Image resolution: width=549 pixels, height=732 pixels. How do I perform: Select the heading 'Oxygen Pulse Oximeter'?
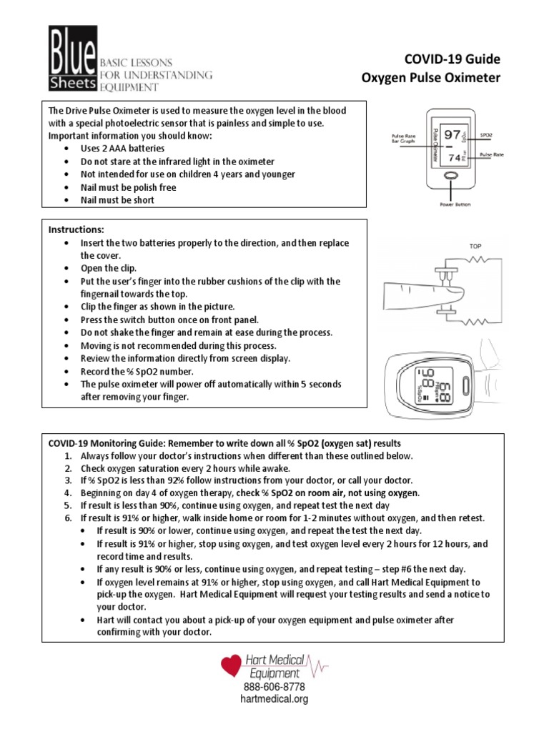(x=431, y=77)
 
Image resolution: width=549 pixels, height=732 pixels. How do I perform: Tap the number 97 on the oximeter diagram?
(x=452, y=134)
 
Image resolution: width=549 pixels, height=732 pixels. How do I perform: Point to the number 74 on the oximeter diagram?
(x=454, y=157)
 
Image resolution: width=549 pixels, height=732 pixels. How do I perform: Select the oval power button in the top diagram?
(x=451, y=176)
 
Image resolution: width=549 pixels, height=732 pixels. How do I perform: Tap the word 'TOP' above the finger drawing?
(x=475, y=246)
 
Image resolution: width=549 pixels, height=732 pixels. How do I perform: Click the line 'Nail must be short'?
(x=117, y=200)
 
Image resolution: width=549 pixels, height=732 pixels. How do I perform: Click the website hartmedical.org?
(x=274, y=699)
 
